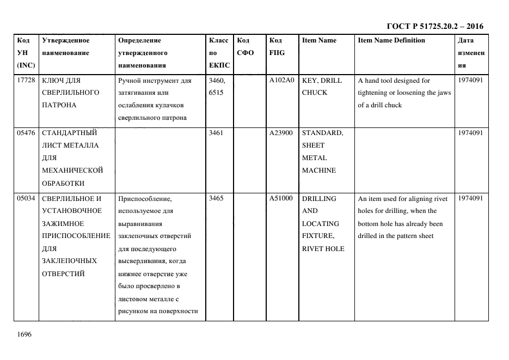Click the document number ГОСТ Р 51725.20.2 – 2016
(434, 26)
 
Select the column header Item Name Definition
(391, 40)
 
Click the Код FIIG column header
(277, 46)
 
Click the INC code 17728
(27, 80)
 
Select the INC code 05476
(27, 133)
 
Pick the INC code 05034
(27, 198)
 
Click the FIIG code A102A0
(281, 80)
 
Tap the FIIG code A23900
(281, 133)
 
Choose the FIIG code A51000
(281, 198)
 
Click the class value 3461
(217, 133)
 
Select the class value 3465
(217, 198)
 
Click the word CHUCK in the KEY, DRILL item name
(315, 93)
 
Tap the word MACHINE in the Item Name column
(319, 170)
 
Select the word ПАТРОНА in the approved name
(59, 105)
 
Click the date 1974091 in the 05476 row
(470, 133)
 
